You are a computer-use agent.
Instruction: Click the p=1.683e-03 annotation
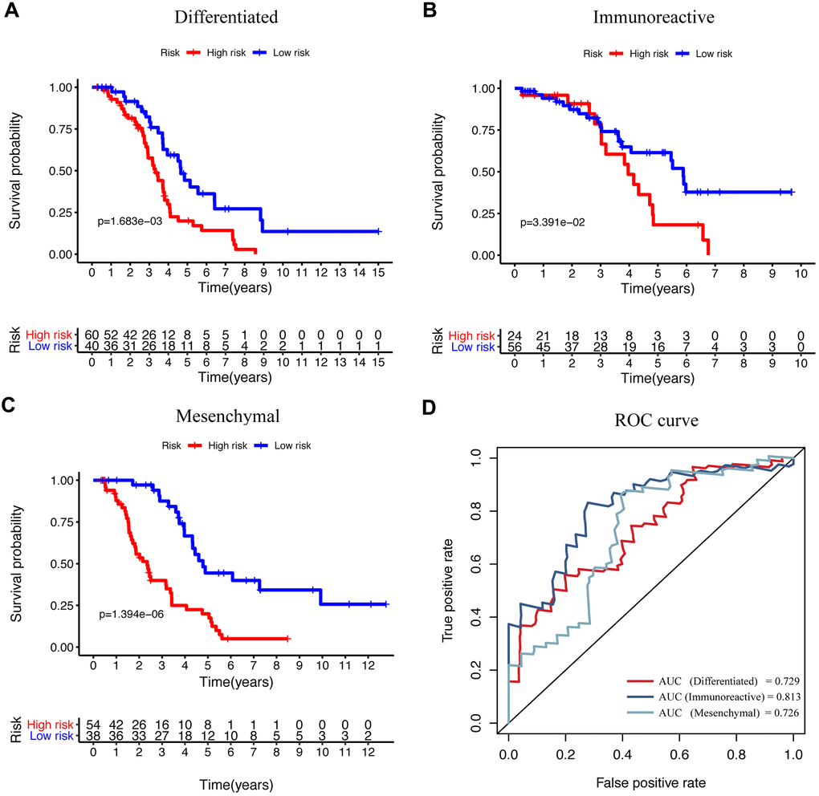coord(130,220)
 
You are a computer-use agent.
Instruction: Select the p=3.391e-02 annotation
coord(553,221)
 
